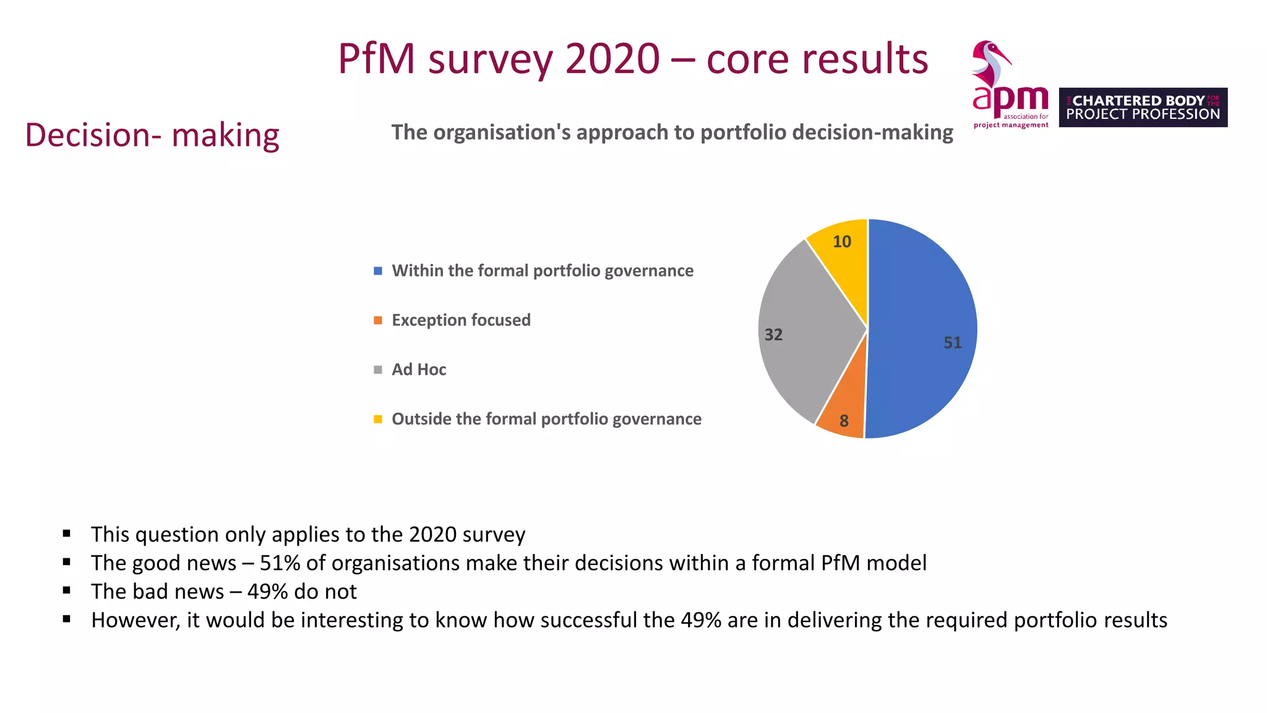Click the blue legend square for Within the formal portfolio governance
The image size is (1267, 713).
pyautogui.click(x=378, y=271)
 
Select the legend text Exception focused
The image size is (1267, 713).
pyautogui.click(x=461, y=320)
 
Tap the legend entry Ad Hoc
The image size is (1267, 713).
pyautogui.click(x=419, y=369)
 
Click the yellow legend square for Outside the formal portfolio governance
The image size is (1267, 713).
pyautogui.click(x=378, y=419)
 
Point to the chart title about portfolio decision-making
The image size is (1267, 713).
pyautogui.click(x=672, y=132)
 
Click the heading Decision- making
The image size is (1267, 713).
pyautogui.click(x=152, y=135)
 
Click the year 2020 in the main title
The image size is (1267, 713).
pyautogui.click(x=612, y=59)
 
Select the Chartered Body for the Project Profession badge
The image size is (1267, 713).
pyautogui.click(x=1143, y=108)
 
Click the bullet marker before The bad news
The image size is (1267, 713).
pyautogui.click(x=67, y=590)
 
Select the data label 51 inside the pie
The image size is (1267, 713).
pyautogui.click(x=952, y=343)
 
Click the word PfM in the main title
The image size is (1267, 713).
pyautogui.click(x=376, y=59)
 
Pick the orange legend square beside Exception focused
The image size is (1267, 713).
pyautogui.click(x=378, y=320)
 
